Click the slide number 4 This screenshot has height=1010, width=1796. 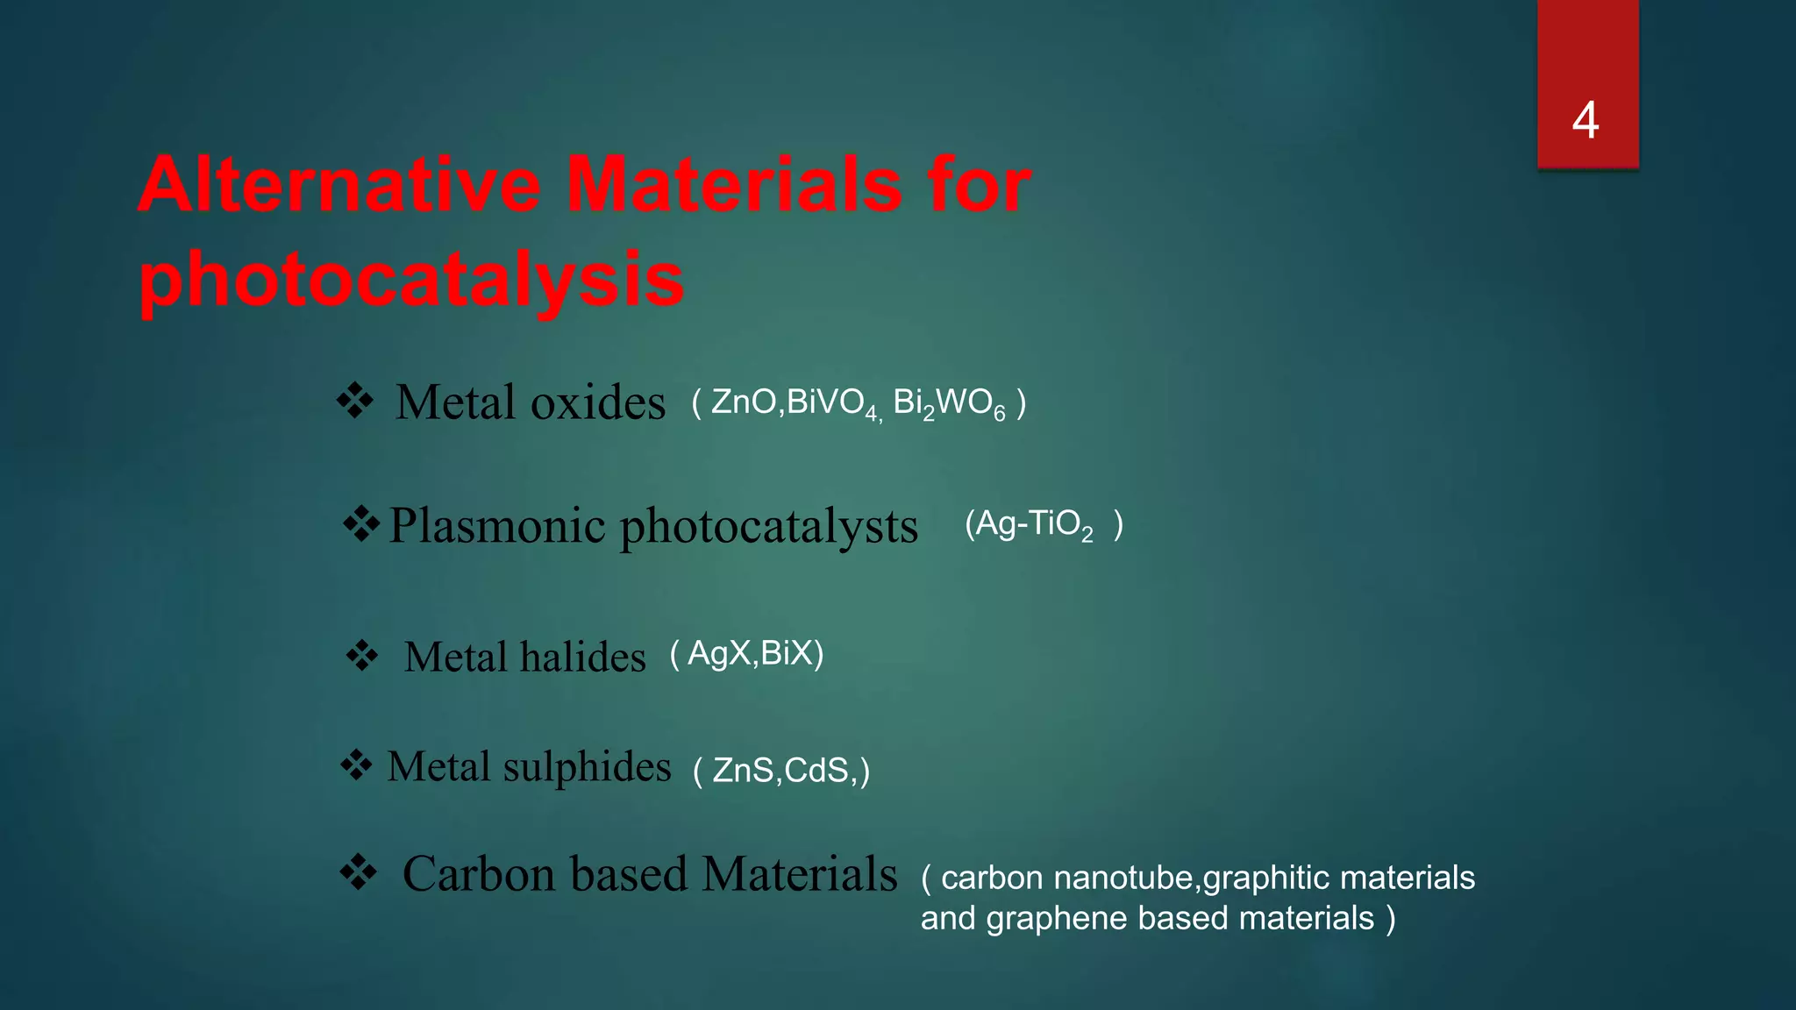click(1586, 120)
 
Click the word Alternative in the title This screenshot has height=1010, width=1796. click(339, 185)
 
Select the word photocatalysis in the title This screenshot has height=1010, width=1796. click(411, 281)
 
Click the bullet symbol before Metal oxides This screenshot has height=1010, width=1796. click(355, 402)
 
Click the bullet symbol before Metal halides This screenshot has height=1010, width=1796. click(361, 655)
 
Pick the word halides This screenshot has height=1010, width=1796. click(583, 657)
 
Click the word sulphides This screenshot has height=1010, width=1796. click(587, 767)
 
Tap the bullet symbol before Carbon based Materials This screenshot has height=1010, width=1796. click(358, 872)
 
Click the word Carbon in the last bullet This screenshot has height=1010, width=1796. click(479, 874)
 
